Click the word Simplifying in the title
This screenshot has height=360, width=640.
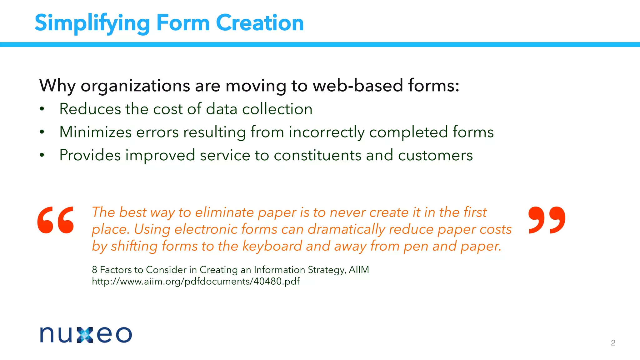(92, 23)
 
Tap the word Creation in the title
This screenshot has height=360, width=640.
(260, 23)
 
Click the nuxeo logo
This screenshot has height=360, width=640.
(86, 335)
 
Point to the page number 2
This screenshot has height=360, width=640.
(613, 343)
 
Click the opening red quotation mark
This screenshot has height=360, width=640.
(56, 220)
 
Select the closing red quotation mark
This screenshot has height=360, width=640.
(547, 220)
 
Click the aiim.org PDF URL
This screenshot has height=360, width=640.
(196, 282)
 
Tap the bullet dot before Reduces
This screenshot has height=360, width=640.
(42, 109)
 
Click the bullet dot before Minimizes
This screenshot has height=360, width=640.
(42, 132)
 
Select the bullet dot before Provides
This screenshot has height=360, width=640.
(42, 155)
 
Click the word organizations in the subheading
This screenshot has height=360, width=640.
(135, 86)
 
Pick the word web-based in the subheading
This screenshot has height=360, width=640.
(358, 86)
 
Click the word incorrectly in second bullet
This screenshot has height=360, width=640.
(327, 132)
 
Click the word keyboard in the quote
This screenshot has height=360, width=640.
(272, 246)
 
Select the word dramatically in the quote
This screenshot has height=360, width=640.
(346, 229)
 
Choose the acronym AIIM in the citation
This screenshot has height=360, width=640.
(359, 270)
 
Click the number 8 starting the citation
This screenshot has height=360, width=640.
(94, 270)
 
